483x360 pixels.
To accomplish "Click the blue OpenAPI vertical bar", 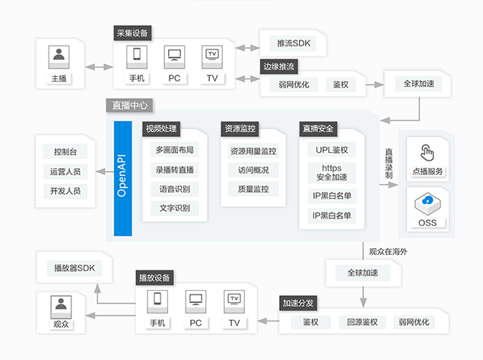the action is [x=123, y=178].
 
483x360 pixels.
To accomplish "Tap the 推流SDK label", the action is [x=294, y=43].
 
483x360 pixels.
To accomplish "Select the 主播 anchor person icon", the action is [x=59, y=57].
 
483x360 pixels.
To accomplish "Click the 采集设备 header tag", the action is [x=132, y=33].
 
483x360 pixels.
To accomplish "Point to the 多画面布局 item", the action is [x=175, y=150].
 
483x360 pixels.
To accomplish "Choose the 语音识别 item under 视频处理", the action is [x=175, y=189].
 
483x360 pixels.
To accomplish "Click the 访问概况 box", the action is [x=253, y=170].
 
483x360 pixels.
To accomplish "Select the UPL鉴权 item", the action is [x=332, y=150].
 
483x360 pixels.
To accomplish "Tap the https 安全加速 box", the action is [x=332, y=173].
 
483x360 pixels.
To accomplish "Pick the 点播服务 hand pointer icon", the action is [x=427, y=152].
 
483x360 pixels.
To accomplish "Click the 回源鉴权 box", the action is [x=363, y=322].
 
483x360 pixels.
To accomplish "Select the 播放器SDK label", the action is [x=75, y=268].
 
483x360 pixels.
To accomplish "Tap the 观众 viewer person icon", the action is [x=61, y=307].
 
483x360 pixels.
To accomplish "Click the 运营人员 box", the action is [x=65, y=172].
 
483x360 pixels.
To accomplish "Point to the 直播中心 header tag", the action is [x=129, y=105].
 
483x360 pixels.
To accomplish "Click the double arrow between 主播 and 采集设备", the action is [x=99, y=67].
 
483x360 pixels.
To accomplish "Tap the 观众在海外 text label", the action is [x=388, y=251].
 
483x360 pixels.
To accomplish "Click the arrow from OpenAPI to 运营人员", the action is [x=105, y=172].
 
